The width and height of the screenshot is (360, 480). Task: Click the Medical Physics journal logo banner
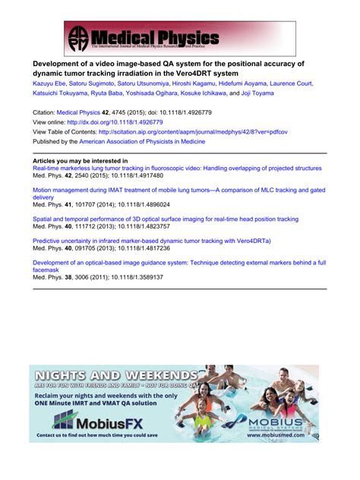tap(144, 37)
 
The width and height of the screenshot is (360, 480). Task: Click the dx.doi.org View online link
tap(113, 122)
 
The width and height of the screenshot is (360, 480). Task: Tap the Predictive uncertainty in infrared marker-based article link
tap(163, 240)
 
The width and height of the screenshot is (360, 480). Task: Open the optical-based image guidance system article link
tap(178, 261)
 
